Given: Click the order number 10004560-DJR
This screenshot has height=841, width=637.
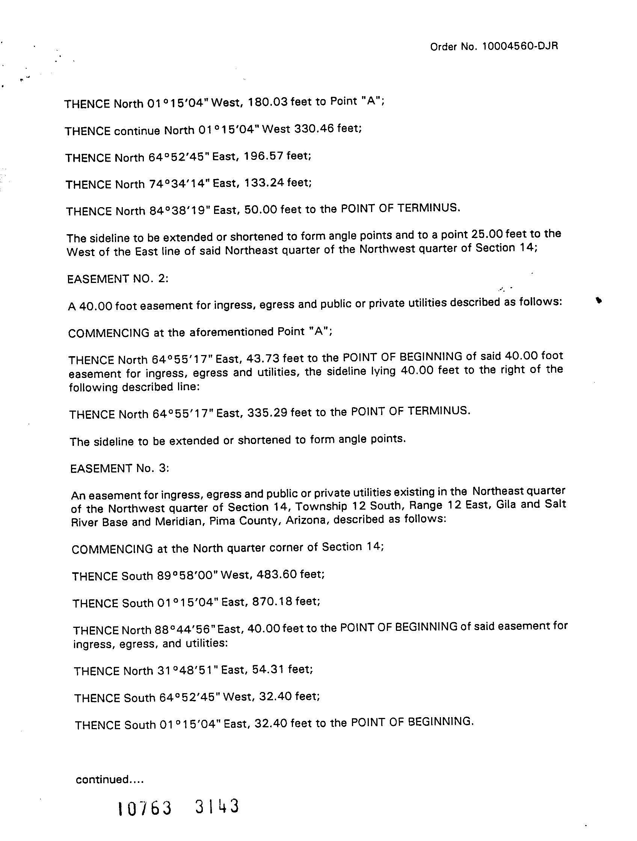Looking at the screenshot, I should (520, 47).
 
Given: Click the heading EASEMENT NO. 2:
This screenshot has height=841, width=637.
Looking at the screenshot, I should (118, 279).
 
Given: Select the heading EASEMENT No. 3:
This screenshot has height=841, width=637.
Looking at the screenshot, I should (119, 468).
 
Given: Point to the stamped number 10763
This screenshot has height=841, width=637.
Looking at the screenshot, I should (145, 808).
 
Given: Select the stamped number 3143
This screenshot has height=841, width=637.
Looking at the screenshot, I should (217, 806).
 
